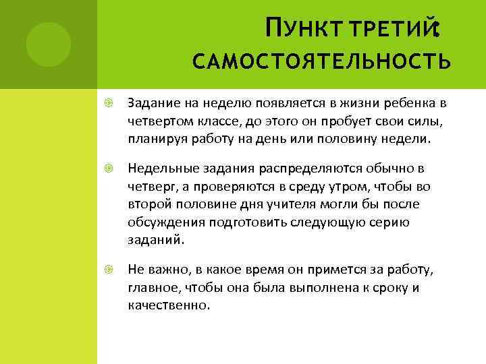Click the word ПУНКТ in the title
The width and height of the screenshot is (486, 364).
point(298,28)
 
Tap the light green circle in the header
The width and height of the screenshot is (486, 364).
point(49,44)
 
